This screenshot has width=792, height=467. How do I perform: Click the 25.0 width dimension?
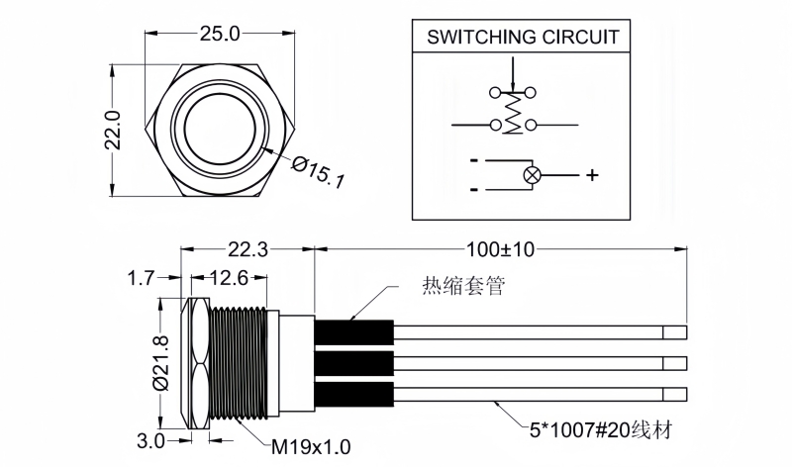click(x=220, y=33)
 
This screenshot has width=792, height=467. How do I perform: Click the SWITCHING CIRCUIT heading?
click(x=523, y=38)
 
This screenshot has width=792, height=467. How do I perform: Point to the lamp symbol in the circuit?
click(x=531, y=175)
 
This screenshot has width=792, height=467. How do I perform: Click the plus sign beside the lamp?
click(x=592, y=175)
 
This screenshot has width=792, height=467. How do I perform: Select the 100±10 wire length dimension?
click(x=500, y=249)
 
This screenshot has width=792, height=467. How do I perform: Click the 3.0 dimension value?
click(x=150, y=442)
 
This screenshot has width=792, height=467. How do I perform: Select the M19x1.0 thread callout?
click(x=311, y=446)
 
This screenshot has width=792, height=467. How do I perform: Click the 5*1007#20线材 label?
click(x=594, y=431)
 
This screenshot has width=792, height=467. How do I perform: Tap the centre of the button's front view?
click(x=219, y=130)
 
